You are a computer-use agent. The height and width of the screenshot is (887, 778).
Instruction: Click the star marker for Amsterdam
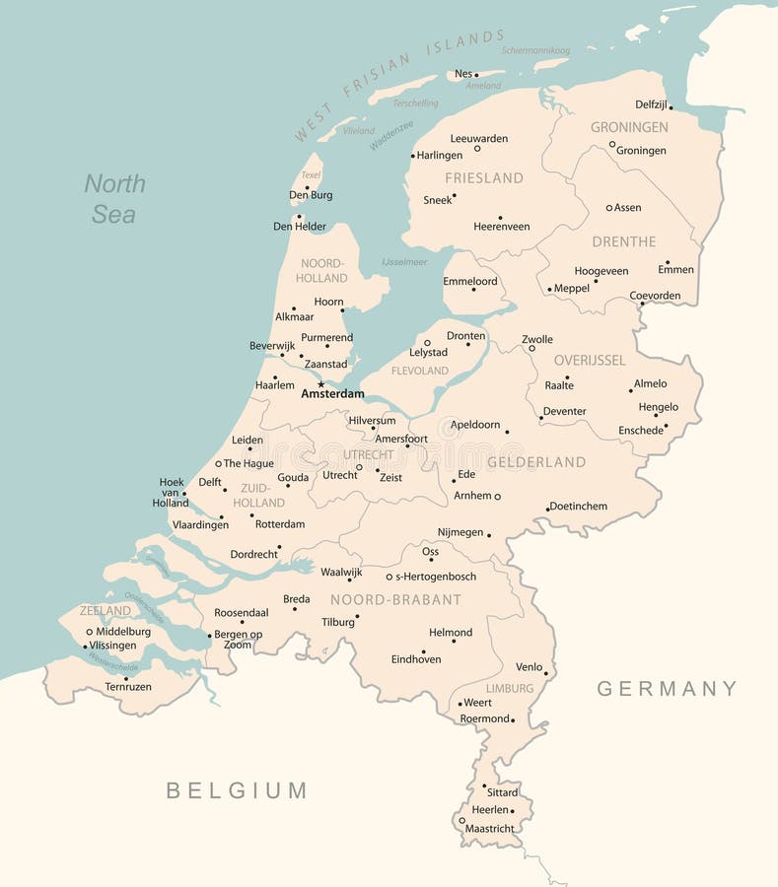(x=320, y=384)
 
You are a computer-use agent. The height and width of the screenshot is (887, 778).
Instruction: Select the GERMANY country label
(x=667, y=689)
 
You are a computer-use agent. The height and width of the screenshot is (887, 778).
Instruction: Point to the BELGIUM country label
(x=237, y=790)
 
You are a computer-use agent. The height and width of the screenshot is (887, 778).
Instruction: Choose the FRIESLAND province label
(x=483, y=178)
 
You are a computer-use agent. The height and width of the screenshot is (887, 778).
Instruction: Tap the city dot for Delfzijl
(x=671, y=106)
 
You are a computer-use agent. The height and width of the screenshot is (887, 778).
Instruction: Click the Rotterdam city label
(x=280, y=524)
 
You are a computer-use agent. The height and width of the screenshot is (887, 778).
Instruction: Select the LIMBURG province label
(x=510, y=688)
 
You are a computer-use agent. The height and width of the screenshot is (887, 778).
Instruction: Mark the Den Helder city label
(x=300, y=227)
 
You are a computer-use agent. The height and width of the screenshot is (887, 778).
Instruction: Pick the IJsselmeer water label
(x=404, y=262)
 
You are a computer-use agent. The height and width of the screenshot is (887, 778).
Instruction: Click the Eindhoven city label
(x=416, y=659)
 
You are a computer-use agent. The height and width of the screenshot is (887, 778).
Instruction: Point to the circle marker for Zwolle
(x=531, y=348)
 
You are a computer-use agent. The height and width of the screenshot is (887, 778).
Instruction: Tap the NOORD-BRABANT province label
(x=395, y=599)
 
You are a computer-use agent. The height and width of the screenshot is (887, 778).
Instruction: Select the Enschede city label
(x=641, y=431)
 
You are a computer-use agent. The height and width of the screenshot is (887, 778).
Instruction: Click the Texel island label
(x=311, y=175)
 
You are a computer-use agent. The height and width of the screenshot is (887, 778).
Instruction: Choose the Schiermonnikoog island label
(x=535, y=50)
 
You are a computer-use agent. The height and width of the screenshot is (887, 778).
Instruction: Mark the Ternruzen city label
(x=128, y=686)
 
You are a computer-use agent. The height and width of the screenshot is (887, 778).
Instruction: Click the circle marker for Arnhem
(x=497, y=496)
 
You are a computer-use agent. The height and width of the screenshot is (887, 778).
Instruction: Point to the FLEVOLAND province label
(x=420, y=371)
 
